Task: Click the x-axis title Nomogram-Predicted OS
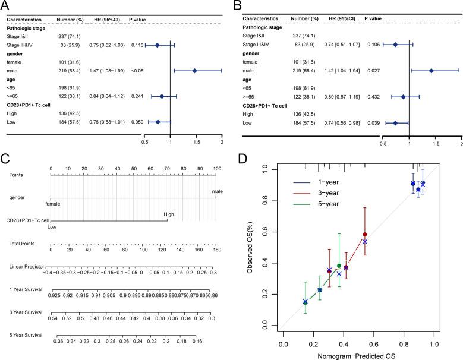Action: click(x=360, y=354)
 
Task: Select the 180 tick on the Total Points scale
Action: click(x=216, y=250)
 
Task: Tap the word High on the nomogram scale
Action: click(x=169, y=216)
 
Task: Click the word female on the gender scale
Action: click(x=53, y=203)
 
